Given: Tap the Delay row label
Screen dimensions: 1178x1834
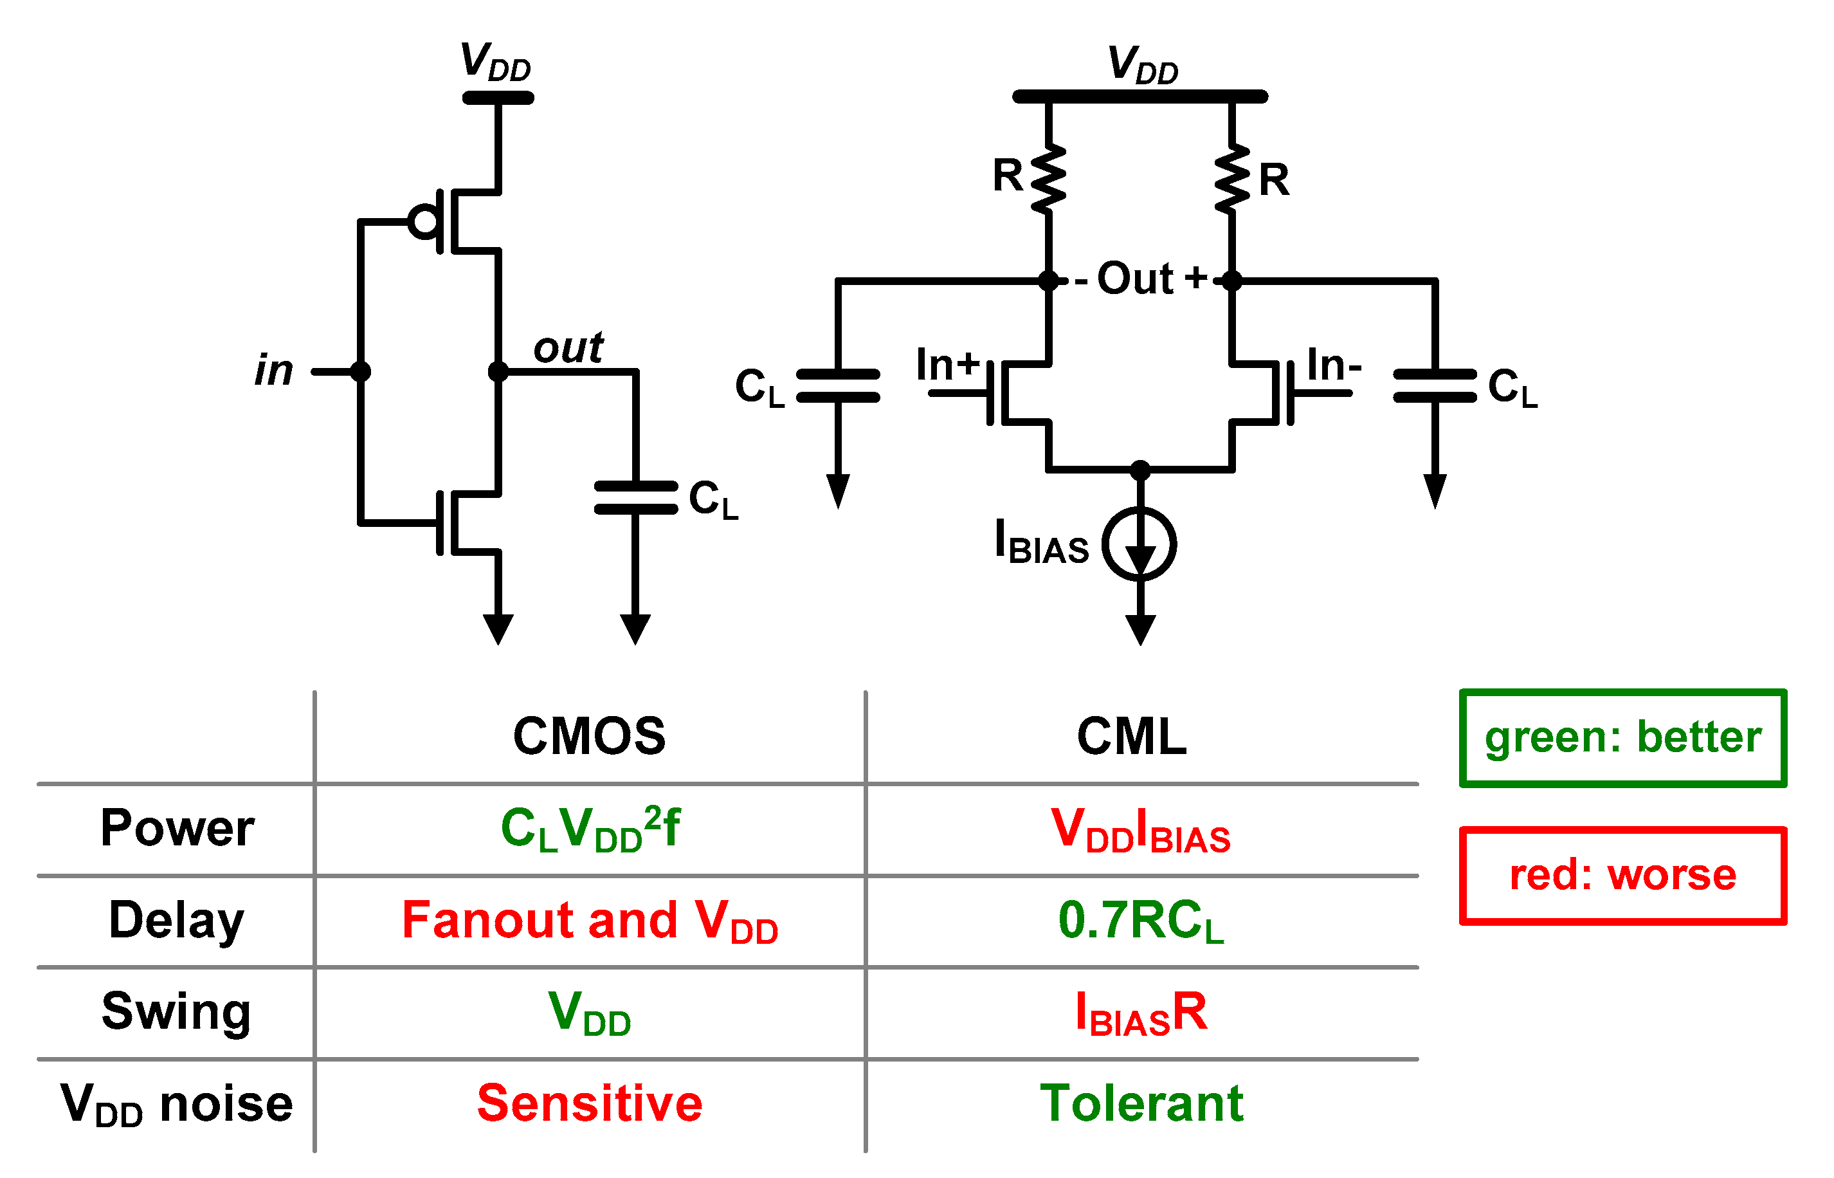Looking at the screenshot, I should click(177, 919).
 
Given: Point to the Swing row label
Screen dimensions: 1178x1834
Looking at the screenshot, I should click(177, 1011).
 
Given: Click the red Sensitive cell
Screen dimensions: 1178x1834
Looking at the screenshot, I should click(590, 1103).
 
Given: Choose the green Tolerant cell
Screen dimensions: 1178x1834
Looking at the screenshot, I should click(1141, 1103).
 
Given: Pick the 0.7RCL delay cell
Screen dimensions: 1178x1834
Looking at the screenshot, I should click(1141, 920).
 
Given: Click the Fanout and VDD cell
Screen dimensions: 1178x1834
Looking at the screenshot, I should click(590, 920).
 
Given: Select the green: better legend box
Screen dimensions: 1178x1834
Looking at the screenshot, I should click(1622, 737).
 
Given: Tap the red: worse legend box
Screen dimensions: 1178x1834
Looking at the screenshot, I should click(1622, 875).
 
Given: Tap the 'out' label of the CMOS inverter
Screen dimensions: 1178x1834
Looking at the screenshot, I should click(568, 348).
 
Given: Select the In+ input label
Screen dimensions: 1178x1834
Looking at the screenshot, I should click(947, 364).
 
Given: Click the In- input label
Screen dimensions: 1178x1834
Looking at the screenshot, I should click(1334, 364).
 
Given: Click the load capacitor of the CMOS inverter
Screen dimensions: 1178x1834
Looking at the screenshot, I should click(635, 497).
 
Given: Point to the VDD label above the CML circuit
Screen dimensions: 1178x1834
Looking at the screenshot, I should click(1143, 64).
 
